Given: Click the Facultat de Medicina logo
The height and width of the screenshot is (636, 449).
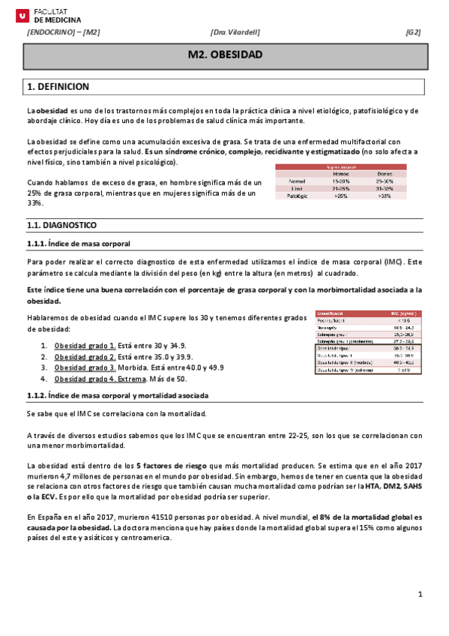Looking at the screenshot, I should pyautogui.click(x=49, y=16).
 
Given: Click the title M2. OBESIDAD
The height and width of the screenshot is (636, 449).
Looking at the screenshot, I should pyautogui.click(x=225, y=55).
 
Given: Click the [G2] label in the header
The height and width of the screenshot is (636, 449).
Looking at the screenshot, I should pyautogui.click(x=413, y=32).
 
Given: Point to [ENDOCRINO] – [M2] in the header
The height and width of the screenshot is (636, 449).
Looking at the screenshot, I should pyautogui.click(x=63, y=32).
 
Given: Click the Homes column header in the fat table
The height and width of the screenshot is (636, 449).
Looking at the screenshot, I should pyautogui.click(x=340, y=173).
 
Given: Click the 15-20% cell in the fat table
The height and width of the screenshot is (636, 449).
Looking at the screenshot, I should pyautogui.click(x=340, y=181).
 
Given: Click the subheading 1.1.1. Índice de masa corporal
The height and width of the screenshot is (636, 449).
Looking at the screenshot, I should pyautogui.click(x=78, y=244).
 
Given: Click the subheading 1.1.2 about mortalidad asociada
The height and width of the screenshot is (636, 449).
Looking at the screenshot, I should pyautogui.click(x=118, y=395).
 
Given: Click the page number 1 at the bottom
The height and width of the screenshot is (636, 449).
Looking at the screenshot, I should pyautogui.click(x=421, y=595).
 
